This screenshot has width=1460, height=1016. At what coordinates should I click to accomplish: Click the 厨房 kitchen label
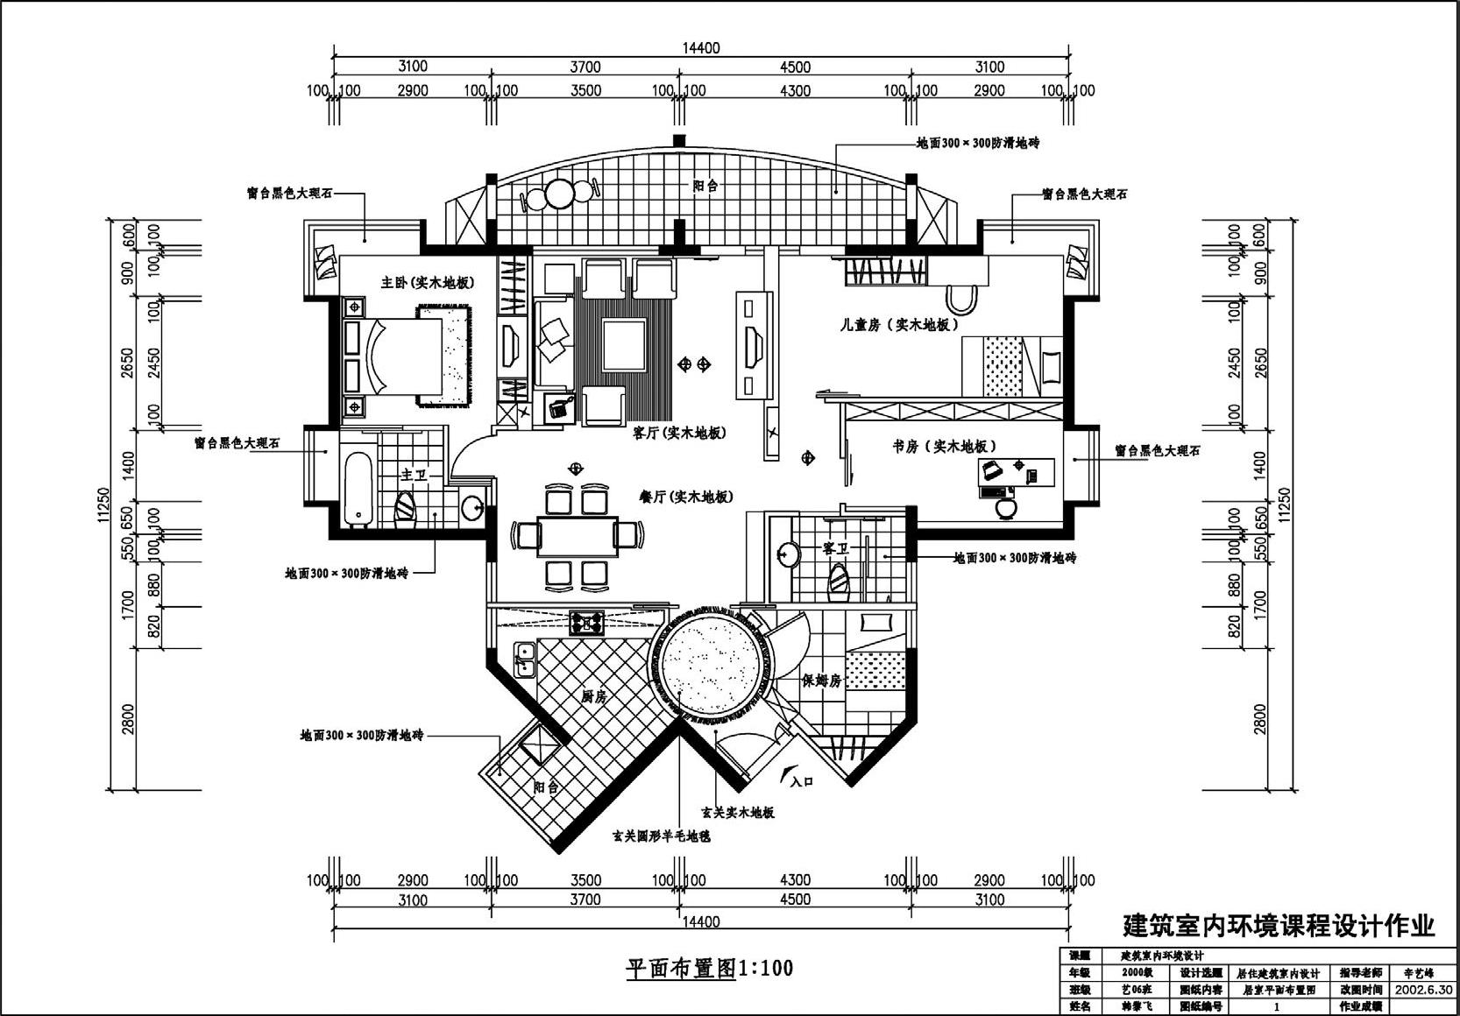(x=594, y=697)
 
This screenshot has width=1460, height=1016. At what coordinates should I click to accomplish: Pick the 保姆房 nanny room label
(x=821, y=681)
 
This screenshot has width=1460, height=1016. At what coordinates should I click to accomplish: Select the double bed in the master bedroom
(x=399, y=356)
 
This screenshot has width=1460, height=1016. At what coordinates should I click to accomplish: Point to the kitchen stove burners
(x=586, y=623)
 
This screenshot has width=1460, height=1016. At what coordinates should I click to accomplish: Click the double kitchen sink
(x=526, y=659)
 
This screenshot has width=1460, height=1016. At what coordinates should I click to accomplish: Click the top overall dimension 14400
(x=701, y=48)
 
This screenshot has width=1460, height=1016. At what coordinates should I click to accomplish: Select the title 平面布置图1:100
(x=709, y=968)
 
